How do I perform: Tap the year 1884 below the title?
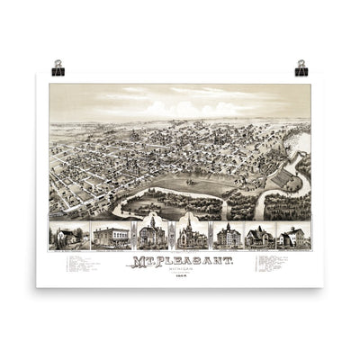(x=179, y=272)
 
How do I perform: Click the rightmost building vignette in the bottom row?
(x=292, y=236)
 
